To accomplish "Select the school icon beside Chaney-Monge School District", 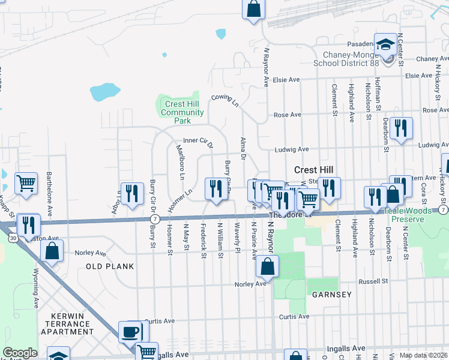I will point(385,44).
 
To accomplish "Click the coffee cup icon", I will point(130,332).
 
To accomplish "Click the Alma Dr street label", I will point(243,148).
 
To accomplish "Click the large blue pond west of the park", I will point(104,91).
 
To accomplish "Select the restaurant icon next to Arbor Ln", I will point(132,194).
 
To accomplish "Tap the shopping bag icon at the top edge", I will point(253,10).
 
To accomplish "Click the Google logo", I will point(20,353).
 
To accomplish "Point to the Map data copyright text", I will point(423,355).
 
